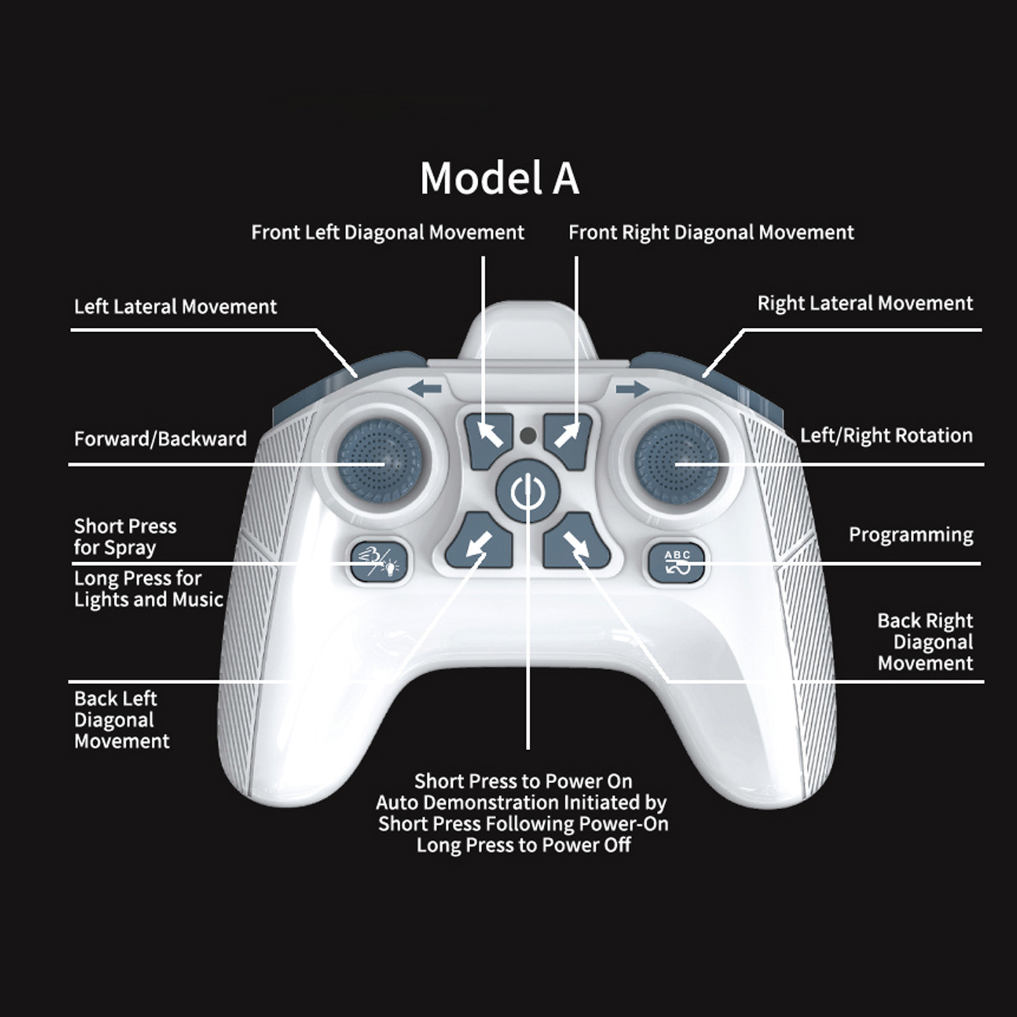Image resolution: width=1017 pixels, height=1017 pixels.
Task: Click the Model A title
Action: [x=499, y=178]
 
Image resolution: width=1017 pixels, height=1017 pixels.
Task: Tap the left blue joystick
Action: [x=379, y=464]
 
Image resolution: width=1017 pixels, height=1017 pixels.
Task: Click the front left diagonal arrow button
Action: [x=488, y=440]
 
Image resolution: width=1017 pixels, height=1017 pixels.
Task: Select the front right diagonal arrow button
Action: [x=568, y=440]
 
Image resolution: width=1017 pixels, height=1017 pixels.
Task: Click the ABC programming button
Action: [x=677, y=562]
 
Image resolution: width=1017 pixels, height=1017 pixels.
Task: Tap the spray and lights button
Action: [x=379, y=562]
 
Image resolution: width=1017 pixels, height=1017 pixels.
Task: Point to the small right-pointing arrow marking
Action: [x=632, y=388]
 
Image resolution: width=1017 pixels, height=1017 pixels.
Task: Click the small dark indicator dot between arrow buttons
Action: [x=528, y=436]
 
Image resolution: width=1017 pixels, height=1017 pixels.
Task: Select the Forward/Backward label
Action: [x=160, y=439]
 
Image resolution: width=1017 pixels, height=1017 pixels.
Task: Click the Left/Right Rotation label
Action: [x=886, y=436]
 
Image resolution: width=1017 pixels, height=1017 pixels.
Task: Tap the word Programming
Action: [x=911, y=535]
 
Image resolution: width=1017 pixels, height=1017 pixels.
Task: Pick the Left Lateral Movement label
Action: [x=175, y=307]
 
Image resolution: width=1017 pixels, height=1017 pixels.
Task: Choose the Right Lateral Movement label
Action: [x=865, y=304]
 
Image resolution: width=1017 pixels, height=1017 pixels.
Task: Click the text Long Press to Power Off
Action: [x=524, y=845]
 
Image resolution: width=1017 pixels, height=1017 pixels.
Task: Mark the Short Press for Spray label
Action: [x=125, y=537]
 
